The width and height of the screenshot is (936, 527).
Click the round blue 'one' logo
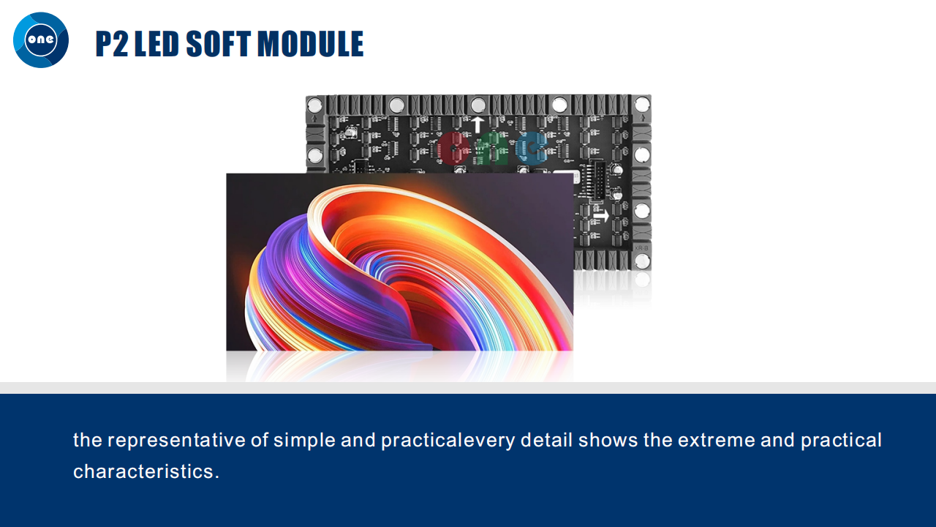tap(41, 40)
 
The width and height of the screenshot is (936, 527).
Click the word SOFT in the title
tap(218, 43)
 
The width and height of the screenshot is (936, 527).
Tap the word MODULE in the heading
tap(310, 43)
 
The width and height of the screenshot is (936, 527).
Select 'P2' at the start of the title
tap(112, 43)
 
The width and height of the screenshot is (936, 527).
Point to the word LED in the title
tap(156, 43)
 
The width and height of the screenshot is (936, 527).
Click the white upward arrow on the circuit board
tap(478, 124)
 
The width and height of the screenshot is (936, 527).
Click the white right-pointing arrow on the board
tap(601, 216)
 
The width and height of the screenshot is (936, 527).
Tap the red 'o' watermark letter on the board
tap(454, 148)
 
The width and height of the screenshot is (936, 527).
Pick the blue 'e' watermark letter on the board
tap(531, 148)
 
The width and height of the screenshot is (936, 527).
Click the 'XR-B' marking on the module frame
tap(641, 248)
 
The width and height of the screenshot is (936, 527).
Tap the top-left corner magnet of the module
tap(314, 103)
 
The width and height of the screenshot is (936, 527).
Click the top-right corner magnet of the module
tap(642, 103)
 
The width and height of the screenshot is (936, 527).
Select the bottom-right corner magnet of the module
tap(642, 261)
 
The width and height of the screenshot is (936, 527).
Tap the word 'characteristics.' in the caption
tap(146, 471)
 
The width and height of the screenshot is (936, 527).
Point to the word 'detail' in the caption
tap(546, 440)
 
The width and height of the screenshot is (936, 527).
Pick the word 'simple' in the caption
tap(304, 441)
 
